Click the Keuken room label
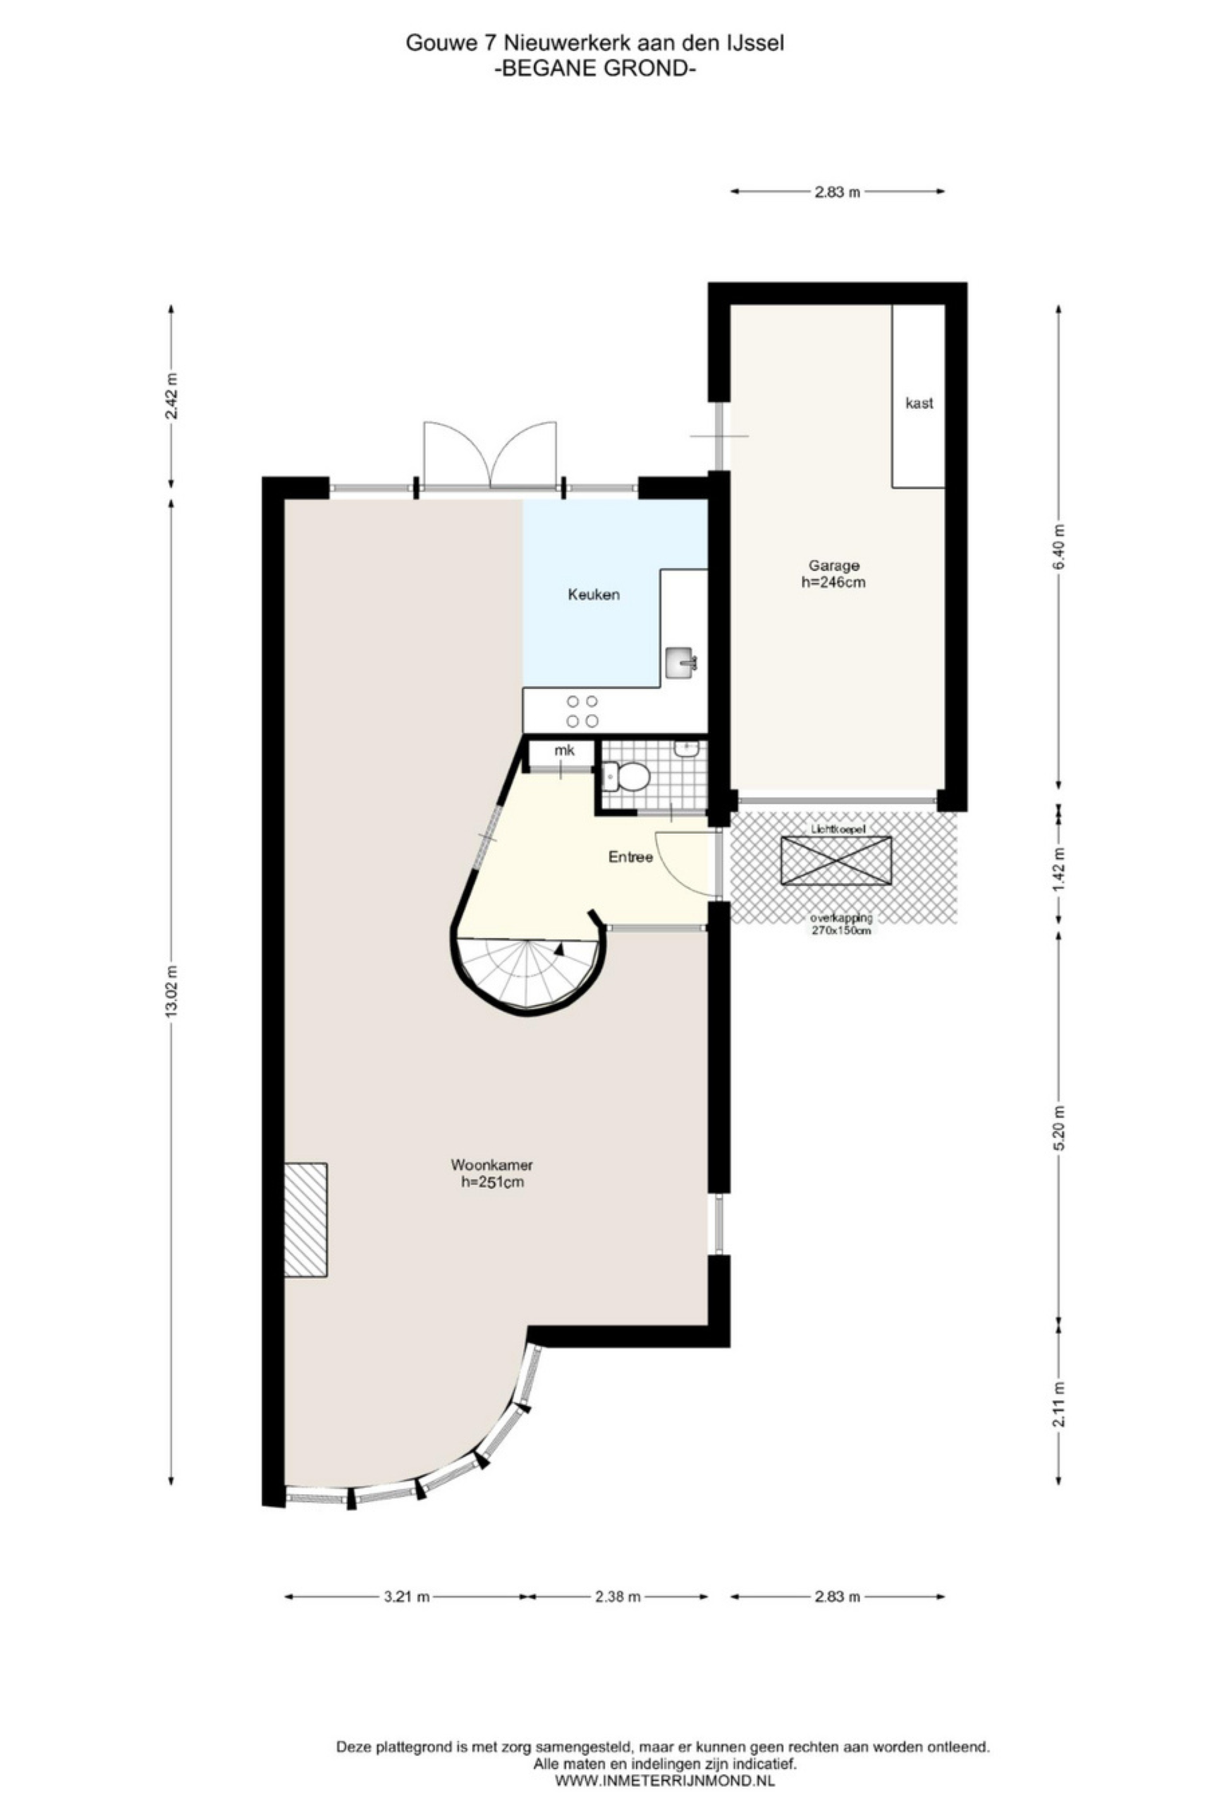tap(593, 595)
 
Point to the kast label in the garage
tap(918, 403)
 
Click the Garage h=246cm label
tap(833, 573)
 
